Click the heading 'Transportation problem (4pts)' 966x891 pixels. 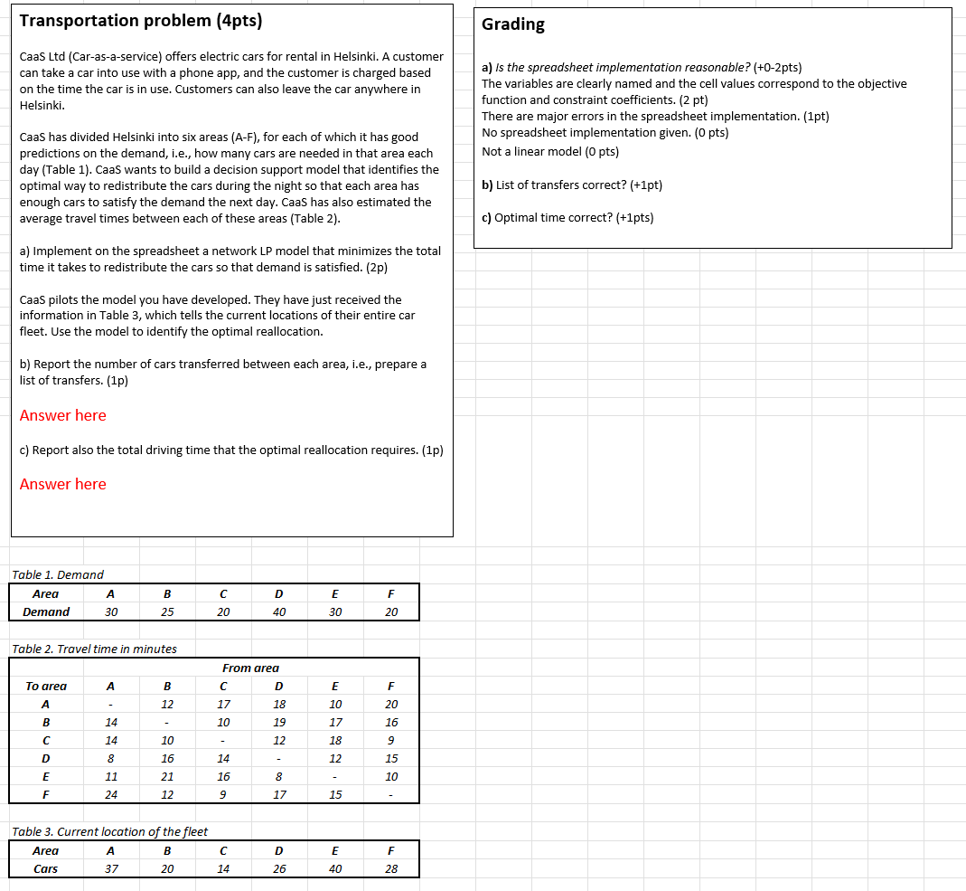tap(141, 21)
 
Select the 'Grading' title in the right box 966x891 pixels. tap(512, 24)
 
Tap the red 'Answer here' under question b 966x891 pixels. tap(63, 415)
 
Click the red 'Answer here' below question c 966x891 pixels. tap(63, 484)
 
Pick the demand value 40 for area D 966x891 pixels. tap(279, 612)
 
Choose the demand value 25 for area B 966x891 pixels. tap(167, 612)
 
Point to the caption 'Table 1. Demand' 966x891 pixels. tap(58, 574)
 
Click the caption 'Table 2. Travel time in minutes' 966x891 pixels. tap(94, 649)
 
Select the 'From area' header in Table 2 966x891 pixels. tap(250, 668)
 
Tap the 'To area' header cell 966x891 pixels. tap(46, 686)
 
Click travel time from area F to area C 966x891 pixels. tap(391, 740)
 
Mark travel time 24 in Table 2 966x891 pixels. tap(111, 794)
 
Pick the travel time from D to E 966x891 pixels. tap(279, 776)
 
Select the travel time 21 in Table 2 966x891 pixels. tap(167, 776)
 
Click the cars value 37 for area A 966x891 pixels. tap(111, 868)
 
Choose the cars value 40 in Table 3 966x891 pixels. tap(335, 868)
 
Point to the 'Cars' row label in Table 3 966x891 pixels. tap(46, 868)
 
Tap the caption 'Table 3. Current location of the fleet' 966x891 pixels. tap(109, 831)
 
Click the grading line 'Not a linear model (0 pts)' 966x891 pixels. tap(550, 151)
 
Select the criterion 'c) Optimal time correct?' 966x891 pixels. tap(567, 217)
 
